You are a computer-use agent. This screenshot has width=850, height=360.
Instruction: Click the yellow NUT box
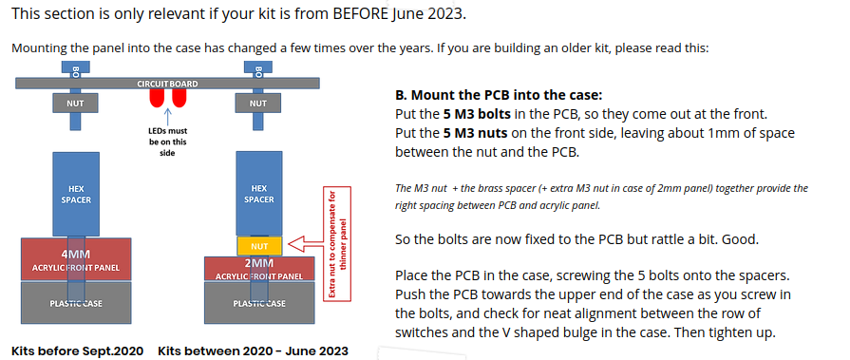coord(259,246)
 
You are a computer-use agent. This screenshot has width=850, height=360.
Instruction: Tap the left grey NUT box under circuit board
coord(75,103)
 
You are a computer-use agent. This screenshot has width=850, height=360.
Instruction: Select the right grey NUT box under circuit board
coord(258,103)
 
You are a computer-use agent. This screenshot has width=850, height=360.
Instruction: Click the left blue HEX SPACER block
coord(76,194)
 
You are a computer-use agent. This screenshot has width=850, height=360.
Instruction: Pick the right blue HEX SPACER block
coord(259,194)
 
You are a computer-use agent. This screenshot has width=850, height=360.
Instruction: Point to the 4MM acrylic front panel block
coord(76,259)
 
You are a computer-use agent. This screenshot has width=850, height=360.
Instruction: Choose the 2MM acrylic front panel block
coord(259,269)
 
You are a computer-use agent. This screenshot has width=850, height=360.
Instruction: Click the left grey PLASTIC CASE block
coord(76,302)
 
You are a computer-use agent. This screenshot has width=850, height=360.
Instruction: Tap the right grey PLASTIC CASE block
coord(259,302)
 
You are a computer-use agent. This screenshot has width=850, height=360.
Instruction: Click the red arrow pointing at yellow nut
coord(304,244)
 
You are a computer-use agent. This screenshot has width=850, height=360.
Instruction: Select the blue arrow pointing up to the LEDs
coord(167,116)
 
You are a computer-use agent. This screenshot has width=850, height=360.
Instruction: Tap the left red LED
coord(157,98)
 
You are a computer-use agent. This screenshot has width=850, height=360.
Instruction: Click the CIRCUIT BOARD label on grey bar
coord(167,84)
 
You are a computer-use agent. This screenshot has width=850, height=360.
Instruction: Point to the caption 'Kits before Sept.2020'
coord(78,351)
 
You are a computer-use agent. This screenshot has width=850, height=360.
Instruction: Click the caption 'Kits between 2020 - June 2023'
coord(254,351)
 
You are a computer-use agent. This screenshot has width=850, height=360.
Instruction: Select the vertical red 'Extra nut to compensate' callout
coord(336,243)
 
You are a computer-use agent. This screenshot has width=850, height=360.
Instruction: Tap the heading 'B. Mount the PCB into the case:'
coord(499,96)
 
